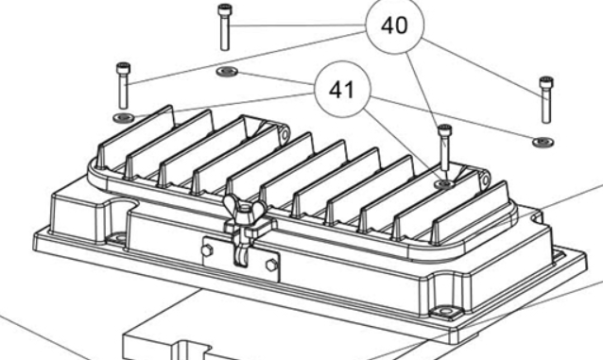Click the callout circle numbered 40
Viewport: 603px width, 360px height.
[x=394, y=25]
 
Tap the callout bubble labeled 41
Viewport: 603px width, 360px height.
[x=342, y=89]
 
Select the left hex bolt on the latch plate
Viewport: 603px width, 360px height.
[x=207, y=250]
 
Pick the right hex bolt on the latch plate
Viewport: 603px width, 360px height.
[x=271, y=265]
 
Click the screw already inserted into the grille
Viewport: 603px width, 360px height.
[x=444, y=147]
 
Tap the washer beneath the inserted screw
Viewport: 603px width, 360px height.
[x=444, y=184]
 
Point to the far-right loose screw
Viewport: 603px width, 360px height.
[x=546, y=100]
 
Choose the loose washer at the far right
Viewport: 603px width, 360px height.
[x=543, y=142]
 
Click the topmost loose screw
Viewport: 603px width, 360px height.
[x=225, y=26]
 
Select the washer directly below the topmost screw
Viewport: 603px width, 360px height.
[x=227, y=72]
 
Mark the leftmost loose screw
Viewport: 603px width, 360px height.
[x=123, y=86]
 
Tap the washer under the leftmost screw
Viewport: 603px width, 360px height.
[x=124, y=117]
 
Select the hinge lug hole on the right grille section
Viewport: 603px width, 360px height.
[x=485, y=179]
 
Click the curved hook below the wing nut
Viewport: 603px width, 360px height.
[x=240, y=254]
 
